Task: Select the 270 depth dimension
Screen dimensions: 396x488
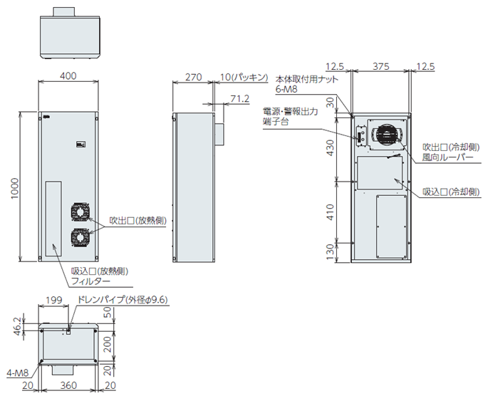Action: coord(193,75)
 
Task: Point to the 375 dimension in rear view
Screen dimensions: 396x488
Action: coord(381,66)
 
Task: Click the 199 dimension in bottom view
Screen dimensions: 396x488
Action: coord(53,301)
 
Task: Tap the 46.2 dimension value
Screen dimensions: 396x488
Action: coord(16,326)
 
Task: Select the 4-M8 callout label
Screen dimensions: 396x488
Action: coord(16,371)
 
